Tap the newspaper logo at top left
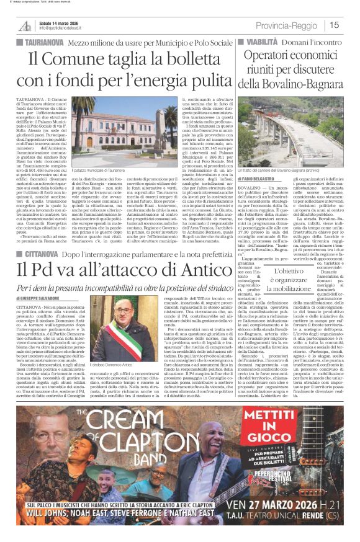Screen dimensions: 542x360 (24, 25)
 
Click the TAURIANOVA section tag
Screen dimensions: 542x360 (41, 43)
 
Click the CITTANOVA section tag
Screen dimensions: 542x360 (39, 270)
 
